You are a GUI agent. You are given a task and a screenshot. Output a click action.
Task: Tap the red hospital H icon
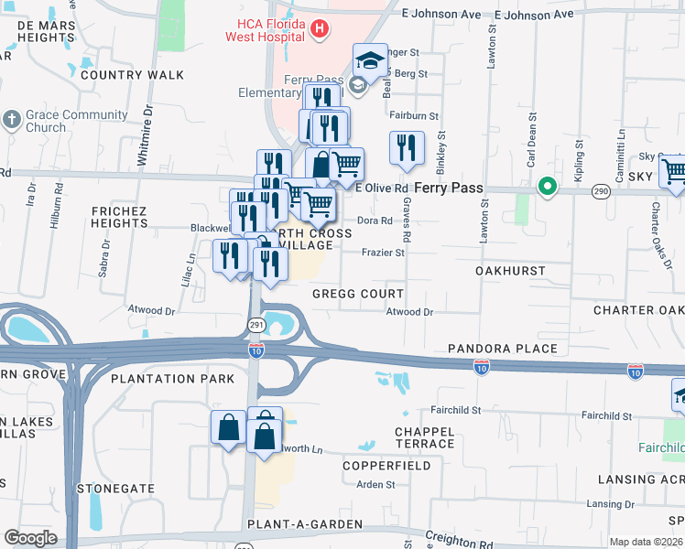(x=319, y=29)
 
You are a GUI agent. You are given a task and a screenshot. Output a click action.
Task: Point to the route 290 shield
(x=601, y=189)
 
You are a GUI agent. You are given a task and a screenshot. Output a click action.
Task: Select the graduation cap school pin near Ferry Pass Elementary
(x=369, y=61)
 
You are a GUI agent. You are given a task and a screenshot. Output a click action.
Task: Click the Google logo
(x=30, y=538)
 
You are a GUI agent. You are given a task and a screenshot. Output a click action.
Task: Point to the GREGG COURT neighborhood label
(x=357, y=294)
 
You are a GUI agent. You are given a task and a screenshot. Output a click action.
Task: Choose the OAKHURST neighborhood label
(x=510, y=271)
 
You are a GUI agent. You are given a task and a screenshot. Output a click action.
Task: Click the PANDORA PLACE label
(x=502, y=349)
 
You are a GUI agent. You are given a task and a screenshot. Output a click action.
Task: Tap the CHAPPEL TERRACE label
(x=425, y=437)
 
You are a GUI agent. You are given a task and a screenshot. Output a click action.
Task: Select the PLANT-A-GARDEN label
(x=304, y=524)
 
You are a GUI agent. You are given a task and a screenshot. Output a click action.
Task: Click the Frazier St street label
(x=383, y=253)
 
